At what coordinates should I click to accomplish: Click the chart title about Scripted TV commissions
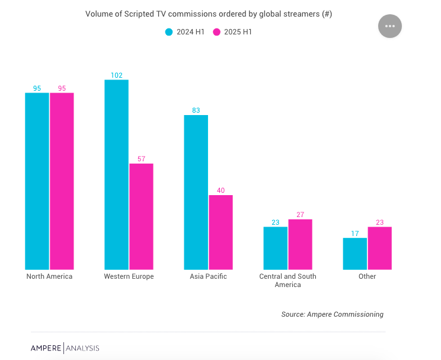click(x=208, y=14)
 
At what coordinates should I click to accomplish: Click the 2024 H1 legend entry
click(x=185, y=32)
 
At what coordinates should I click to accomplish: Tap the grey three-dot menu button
click(x=389, y=26)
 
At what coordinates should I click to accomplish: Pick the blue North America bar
click(x=37, y=181)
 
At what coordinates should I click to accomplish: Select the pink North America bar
click(x=62, y=181)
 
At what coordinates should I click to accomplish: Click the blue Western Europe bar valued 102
click(x=116, y=174)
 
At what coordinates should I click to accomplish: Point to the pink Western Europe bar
click(x=141, y=216)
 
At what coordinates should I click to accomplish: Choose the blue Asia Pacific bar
click(x=196, y=192)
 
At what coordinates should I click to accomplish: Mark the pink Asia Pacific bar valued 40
click(x=220, y=232)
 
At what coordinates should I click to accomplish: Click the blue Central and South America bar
click(x=276, y=248)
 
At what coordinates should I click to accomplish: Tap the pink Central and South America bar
click(x=300, y=244)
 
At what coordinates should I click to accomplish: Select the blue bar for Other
click(x=355, y=254)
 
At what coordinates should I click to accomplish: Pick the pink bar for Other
click(x=379, y=248)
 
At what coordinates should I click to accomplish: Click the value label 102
click(x=117, y=75)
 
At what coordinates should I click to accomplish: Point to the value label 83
click(x=196, y=110)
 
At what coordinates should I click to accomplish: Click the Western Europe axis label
click(x=129, y=276)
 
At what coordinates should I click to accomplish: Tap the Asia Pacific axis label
click(x=208, y=276)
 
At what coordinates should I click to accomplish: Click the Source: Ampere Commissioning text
click(x=332, y=314)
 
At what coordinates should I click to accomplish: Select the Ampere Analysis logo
click(x=65, y=348)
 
